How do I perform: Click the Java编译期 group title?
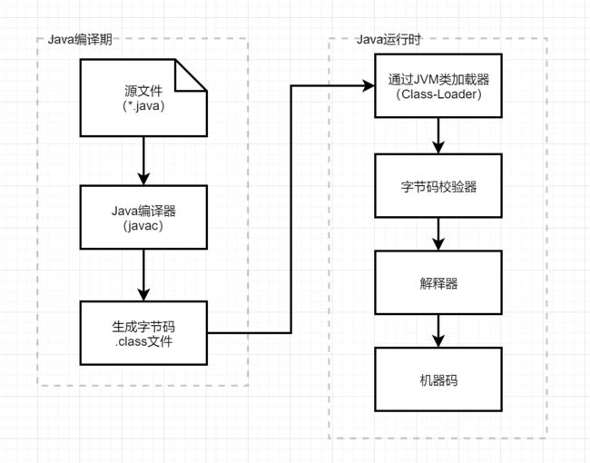pyautogui.click(x=80, y=39)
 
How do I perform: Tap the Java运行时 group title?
pyautogui.click(x=388, y=39)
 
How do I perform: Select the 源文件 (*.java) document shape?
pyautogui.click(x=143, y=98)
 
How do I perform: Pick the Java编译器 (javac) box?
pyautogui.click(x=143, y=217)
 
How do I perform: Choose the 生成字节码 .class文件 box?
pyautogui.click(x=143, y=333)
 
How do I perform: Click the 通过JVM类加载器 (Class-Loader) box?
pyautogui.click(x=438, y=86)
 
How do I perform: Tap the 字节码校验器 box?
pyautogui.click(x=438, y=186)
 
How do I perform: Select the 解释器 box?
pyautogui.click(x=438, y=282)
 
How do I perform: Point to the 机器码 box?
pyautogui.click(x=438, y=379)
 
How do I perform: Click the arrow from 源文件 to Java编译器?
pyautogui.click(x=143, y=161)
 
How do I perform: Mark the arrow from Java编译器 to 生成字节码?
pyautogui.click(x=143, y=275)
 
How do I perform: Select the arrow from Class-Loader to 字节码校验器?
pyautogui.click(x=438, y=135)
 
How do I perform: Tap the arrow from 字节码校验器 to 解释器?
pyautogui.click(x=438, y=234)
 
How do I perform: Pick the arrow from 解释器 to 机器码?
pyautogui.click(x=438, y=330)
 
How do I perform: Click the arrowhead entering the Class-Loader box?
pyautogui.click(x=368, y=86)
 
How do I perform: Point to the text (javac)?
pyautogui.click(x=143, y=226)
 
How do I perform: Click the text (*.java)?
pyautogui.click(x=143, y=106)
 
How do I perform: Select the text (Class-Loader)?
pyautogui.click(x=438, y=94)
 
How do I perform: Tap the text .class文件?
pyautogui.click(x=143, y=341)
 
